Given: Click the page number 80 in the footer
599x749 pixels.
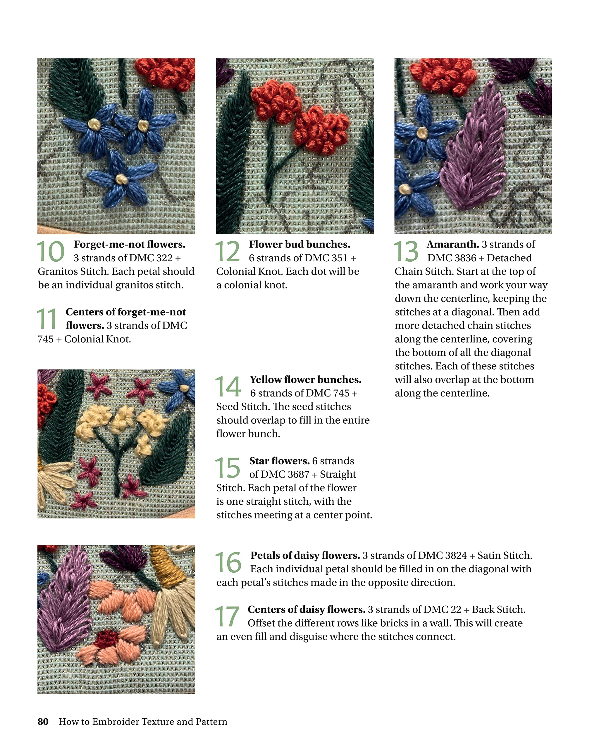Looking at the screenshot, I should coord(43,721).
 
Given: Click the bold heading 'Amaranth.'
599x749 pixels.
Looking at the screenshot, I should coord(452,244).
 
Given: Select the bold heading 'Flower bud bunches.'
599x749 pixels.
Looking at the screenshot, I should coord(299,244).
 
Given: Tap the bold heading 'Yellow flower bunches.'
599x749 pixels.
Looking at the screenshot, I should coord(305,379).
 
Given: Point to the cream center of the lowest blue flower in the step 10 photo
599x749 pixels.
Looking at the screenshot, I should coord(121,179).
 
